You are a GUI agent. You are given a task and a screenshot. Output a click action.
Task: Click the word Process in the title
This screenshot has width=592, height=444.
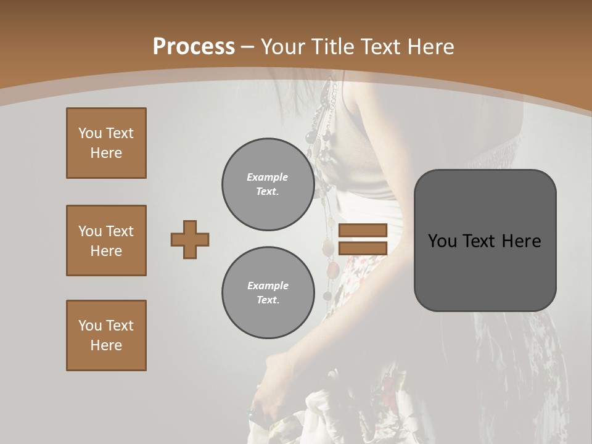194,47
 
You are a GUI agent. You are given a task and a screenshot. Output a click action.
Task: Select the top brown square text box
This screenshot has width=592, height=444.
106,143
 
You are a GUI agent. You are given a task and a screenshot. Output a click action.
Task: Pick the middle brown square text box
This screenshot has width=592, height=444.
106,240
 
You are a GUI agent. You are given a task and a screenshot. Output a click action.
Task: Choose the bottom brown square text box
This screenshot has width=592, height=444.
106,335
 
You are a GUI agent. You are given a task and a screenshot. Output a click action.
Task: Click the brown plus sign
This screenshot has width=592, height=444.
190,239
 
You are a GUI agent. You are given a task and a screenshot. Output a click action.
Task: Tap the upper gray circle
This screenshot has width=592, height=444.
268,184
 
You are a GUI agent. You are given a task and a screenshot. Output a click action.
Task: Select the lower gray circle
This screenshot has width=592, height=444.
268,293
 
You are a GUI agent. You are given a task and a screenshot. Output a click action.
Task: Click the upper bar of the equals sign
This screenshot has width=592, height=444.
363,230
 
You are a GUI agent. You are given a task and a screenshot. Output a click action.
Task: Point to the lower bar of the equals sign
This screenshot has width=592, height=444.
363,248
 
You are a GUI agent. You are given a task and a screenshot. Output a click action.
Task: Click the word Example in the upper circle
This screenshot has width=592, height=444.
268,177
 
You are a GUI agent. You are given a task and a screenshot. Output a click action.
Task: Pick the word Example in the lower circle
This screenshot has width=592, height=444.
268,286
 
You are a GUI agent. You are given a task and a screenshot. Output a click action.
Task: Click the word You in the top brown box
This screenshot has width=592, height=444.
89,133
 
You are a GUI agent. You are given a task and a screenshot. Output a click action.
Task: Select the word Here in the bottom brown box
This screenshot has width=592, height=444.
106,345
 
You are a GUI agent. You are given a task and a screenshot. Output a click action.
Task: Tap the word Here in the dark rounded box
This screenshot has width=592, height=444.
521,241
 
